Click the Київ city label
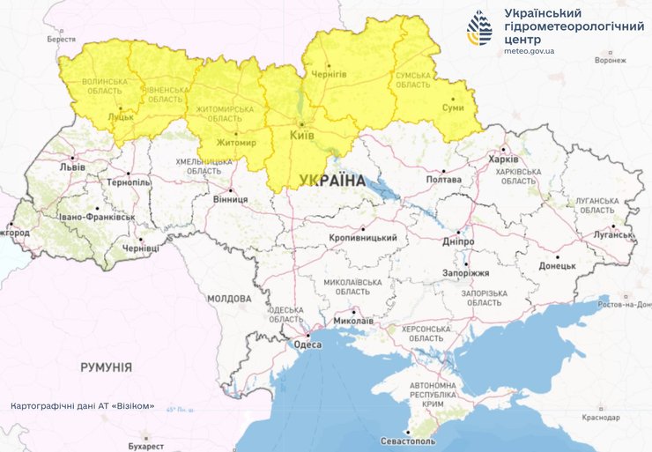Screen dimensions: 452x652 click(303, 135)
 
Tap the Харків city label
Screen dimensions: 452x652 click(503, 159)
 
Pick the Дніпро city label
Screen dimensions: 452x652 click(458, 241)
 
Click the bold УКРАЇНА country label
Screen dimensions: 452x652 click(331, 181)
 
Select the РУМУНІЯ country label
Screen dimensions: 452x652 click(106, 367)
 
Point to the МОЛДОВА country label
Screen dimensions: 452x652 click(229, 299)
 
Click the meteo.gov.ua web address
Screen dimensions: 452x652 click(529, 51)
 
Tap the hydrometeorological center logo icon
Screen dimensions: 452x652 click(481, 28)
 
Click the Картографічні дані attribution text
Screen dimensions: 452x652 click(82, 406)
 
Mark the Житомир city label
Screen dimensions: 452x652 click(235, 143)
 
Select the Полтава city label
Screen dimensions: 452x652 click(443, 180)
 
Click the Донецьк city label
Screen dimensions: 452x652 click(557, 265)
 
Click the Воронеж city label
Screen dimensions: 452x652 click(611, 61)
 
